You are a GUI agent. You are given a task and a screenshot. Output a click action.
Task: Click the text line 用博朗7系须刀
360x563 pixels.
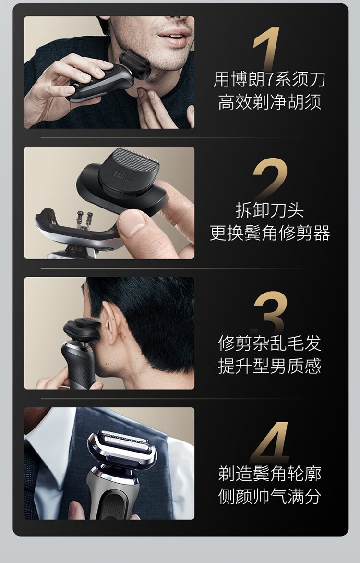pos(269,80)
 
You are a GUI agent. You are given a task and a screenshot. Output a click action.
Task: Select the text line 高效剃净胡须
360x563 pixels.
pos(270,102)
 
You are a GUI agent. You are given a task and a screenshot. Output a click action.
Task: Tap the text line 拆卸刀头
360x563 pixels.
pos(270,210)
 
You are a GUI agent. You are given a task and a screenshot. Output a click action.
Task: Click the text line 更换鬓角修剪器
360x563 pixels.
pos(270,233)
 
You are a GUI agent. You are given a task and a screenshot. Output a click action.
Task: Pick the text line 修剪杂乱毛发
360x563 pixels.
pos(270,343)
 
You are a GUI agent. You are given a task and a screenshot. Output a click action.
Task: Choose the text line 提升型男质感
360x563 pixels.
pos(270,366)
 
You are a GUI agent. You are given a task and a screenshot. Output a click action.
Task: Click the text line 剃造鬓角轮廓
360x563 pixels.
pos(270,474)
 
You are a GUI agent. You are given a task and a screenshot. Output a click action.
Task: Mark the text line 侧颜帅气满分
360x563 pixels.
pos(270,496)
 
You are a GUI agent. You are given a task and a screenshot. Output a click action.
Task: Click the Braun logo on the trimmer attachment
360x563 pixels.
pos(123,176)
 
